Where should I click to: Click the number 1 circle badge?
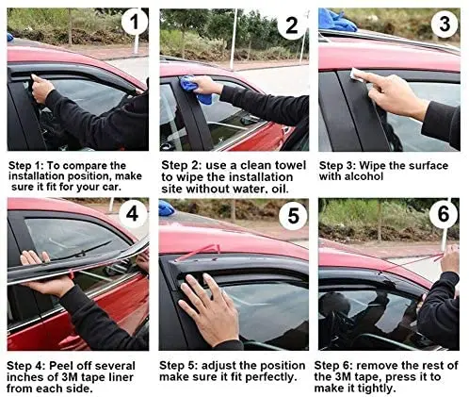pyautogui.click(x=135, y=22)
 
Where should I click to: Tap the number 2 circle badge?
pyautogui.click(x=291, y=25)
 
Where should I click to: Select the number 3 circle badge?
pyautogui.click(x=445, y=24)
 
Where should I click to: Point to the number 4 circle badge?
pyautogui.click(x=132, y=214)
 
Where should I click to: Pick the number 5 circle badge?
pyautogui.click(x=293, y=215)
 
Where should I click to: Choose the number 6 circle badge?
pyautogui.click(x=444, y=214)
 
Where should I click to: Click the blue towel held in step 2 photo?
pyautogui.click(x=195, y=90)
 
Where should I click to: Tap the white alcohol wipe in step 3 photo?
pyautogui.click(x=357, y=74)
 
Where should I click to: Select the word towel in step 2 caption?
pyautogui.click(x=290, y=165)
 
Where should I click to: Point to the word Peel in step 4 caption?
pyautogui.click(x=60, y=366)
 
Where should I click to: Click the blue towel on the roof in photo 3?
pyautogui.click(x=336, y=20)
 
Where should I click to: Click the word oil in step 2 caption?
pyautogui.click(x=280, y=189)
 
